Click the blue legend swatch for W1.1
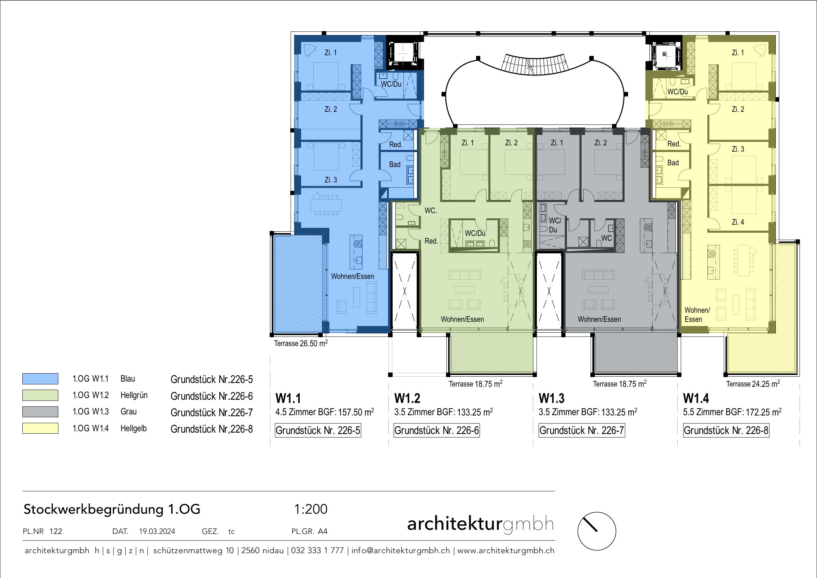point(40,379)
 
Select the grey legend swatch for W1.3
point(40,412)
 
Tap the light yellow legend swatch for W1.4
point(40,428)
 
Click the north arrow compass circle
point(596,531)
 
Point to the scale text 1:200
point(311,509)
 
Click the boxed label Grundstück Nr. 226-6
point(437,431)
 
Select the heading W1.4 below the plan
point(696,398)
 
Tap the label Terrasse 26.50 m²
point(301,344)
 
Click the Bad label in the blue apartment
point(395,165)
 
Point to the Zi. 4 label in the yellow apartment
point(738,222)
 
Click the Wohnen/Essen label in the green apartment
point(462,319)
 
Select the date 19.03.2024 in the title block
point(157,532)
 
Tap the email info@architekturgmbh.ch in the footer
point(401,551)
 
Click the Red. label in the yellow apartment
point(674,144)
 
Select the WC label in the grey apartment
point(606,238)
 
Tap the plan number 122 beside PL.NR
point(56,532)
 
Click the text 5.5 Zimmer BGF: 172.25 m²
point(732,412)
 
